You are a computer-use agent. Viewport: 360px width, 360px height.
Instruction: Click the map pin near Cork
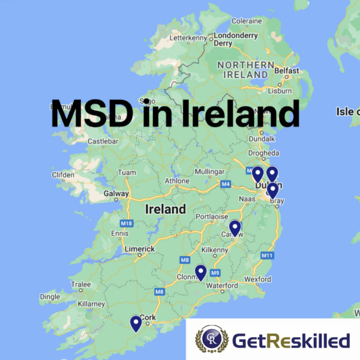[x=136, y=323]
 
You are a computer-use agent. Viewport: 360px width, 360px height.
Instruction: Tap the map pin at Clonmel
[x=200, y=272]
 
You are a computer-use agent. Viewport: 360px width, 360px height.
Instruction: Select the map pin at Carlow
[x=235, y=227]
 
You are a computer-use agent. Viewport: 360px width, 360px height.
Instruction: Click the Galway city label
[x=116, y=194]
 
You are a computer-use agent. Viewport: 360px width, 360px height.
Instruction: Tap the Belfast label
[x=286, y=71]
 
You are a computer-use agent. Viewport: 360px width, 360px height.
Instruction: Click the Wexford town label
[x=258, y=279]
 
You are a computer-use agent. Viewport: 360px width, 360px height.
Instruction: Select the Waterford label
[x=221, y=286]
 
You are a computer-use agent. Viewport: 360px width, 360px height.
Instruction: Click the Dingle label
[x=50, y=296]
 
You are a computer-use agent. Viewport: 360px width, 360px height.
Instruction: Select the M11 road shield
[x=267, y=256]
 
